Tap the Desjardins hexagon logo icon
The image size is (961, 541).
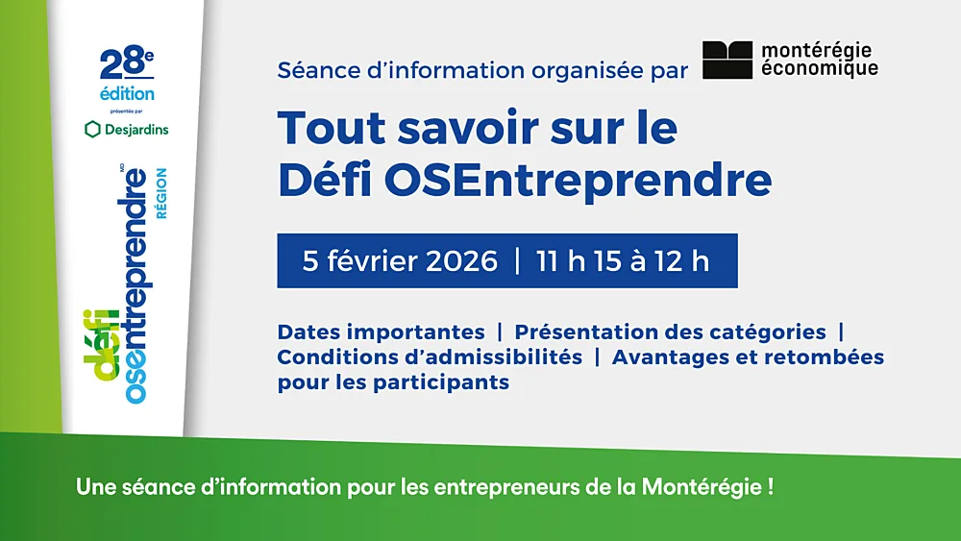point(92,129)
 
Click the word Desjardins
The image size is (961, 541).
point(135,129)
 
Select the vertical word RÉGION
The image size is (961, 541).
point(161,194)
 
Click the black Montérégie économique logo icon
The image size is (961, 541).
point(727,60)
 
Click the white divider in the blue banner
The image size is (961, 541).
point(518,261)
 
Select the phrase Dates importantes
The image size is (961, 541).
point(381,332)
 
